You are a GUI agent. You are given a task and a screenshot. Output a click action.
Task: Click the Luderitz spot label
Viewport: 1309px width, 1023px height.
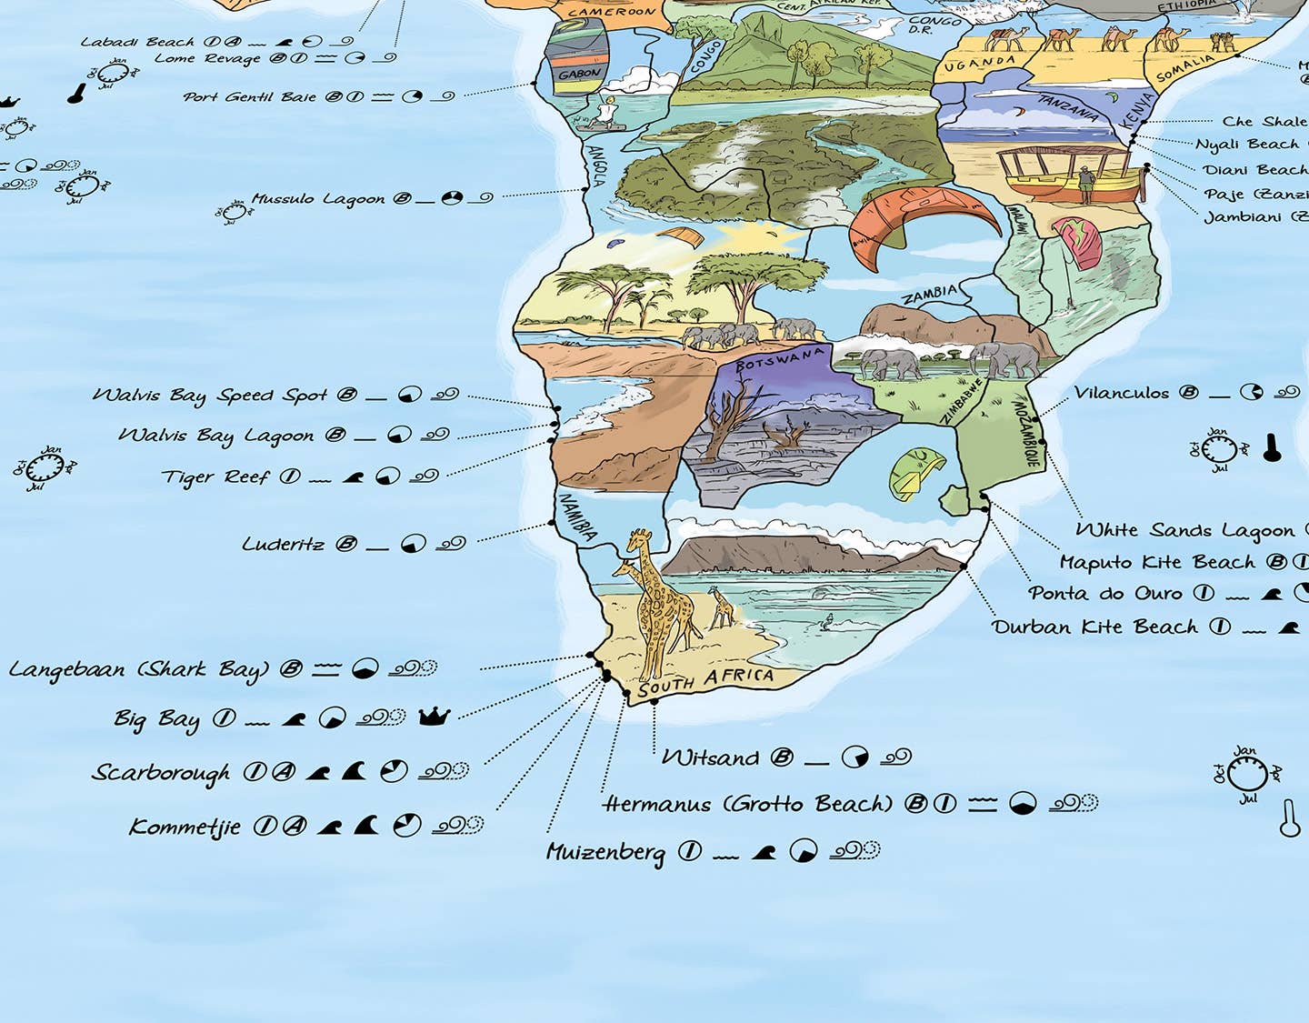point(283,544)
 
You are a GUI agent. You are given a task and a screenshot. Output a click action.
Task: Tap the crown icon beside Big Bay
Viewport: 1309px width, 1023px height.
point(434,717)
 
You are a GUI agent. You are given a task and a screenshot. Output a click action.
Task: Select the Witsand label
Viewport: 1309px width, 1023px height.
point(709,757)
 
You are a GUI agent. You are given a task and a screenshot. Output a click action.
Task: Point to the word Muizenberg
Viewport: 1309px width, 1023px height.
point(605,852)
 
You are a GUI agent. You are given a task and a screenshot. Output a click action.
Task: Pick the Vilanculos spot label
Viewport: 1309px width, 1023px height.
point(1121,393)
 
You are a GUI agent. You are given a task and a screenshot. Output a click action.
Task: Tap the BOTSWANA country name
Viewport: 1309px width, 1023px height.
point(780,358)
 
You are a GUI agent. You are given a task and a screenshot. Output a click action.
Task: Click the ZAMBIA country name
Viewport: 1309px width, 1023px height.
point(928,294)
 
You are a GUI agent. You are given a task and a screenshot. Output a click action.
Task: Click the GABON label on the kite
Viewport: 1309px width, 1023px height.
point(579,74)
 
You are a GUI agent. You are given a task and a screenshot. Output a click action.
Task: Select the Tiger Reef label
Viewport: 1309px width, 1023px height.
point(215,476)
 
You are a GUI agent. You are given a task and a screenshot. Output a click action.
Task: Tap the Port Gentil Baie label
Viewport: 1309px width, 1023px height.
point(249,96)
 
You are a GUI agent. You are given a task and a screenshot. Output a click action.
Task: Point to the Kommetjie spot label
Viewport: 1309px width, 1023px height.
point(185,827)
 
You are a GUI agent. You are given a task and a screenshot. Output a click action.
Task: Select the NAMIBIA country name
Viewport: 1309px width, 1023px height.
point(578,517)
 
